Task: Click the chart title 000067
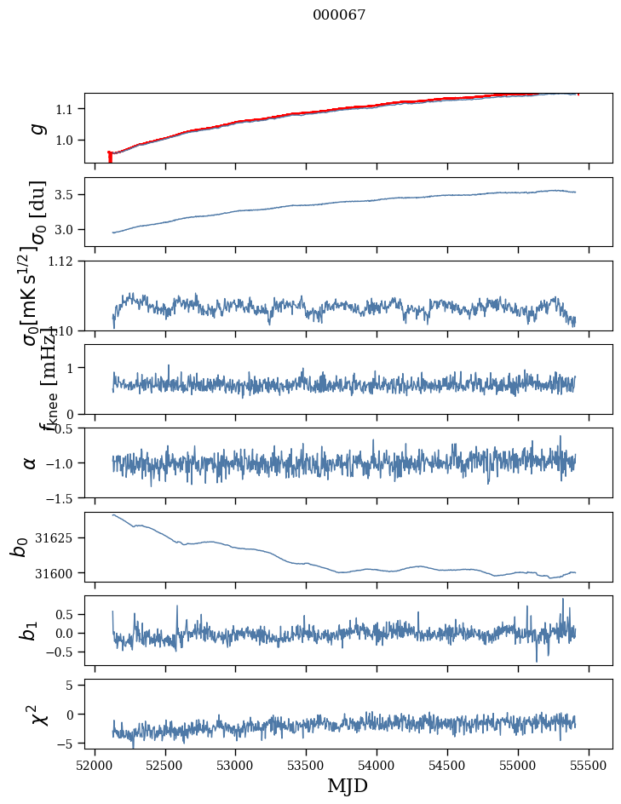coord(339,14)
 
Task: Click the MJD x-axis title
coord(348,785)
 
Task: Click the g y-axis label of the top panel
coord(36,128)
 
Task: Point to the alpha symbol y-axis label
coord(31,462)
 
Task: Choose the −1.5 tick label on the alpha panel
coord(60,497)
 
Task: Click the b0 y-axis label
coord(19,547)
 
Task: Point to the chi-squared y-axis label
coord(37,715)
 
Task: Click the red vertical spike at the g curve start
coord(110,158)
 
